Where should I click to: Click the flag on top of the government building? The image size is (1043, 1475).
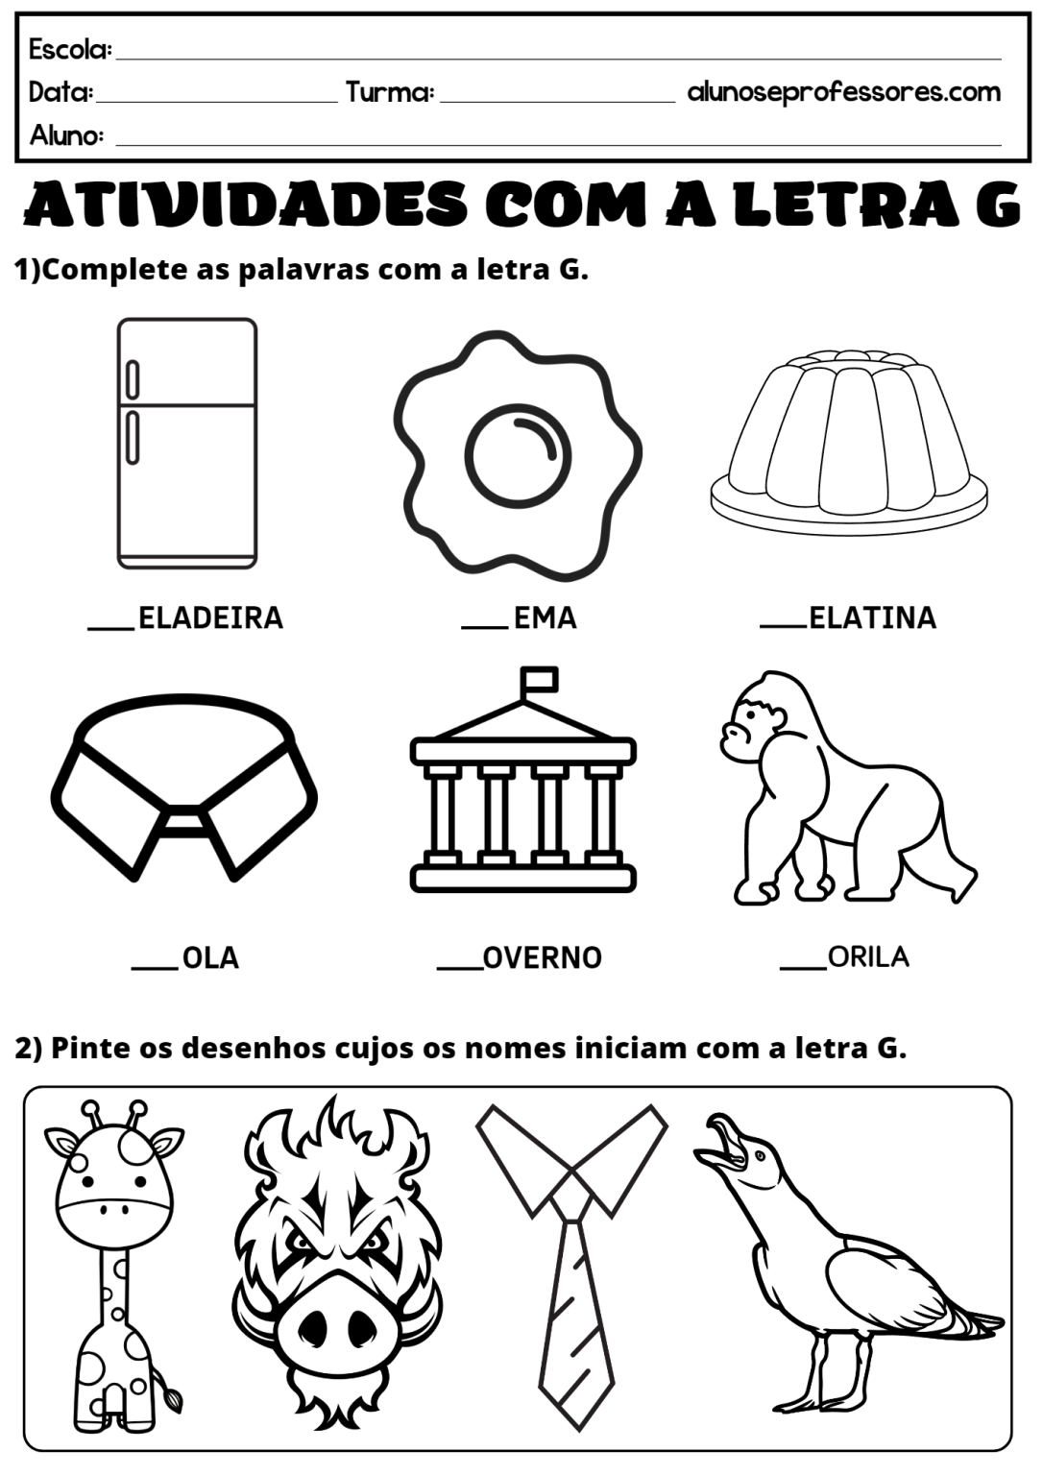pos(539,679)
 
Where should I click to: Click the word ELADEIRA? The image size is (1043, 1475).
pos(210,617)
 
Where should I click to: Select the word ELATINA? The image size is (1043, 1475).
pos(872,617)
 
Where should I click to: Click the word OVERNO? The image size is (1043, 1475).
pos(542,957)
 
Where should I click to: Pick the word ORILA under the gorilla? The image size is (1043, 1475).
pos(867,956)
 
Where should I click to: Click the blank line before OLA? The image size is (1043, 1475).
pos(155,967)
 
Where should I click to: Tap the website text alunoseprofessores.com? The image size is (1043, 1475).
pos(844,92)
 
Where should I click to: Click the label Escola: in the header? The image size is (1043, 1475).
pos(70,48)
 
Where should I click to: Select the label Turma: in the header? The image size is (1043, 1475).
pos(390,92)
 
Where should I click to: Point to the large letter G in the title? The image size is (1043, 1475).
pos(991,205)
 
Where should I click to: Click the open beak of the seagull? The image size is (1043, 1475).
pos(722,1145)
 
